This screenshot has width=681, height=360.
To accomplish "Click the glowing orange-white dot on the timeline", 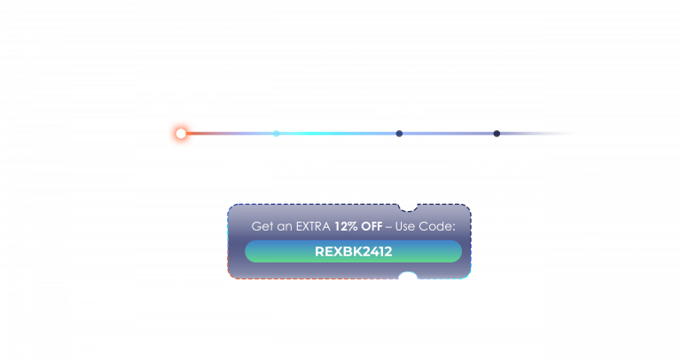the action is [x=181, y=133].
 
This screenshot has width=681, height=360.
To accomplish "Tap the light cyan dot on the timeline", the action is [x=277, y=133].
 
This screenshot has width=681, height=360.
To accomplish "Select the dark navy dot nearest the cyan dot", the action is [x=399, y=133].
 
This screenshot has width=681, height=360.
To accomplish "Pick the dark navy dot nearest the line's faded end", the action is [x=497, y=133].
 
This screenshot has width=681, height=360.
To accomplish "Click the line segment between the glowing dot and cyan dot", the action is [x=230, y=133].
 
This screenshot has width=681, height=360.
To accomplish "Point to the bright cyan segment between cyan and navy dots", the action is [x=338, y=133].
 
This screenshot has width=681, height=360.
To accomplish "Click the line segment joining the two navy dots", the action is [x=448, y=133].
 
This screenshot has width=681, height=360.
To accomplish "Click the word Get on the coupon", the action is [x=262, y=226].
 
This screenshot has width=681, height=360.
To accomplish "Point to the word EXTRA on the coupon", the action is [x=313, y=226].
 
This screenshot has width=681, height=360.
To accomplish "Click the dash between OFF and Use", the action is [x=388, y=227].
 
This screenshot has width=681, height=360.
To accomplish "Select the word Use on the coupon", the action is [x=404, y=226].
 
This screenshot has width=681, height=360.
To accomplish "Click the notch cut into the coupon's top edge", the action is [x=408, y=208].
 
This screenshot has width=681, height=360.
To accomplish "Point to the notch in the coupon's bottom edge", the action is [x=408, y=275].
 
